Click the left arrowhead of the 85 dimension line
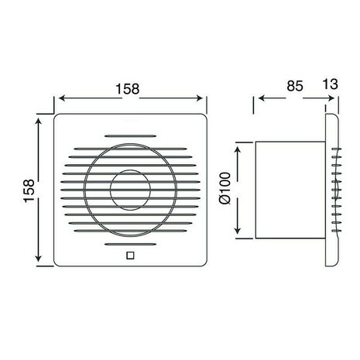tap(259, 98)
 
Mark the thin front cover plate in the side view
tap(329, 189)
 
